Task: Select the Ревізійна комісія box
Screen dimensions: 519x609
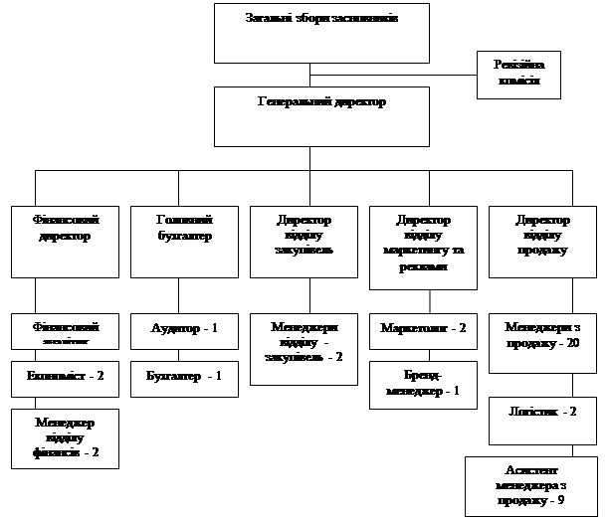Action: [x=517, y=75]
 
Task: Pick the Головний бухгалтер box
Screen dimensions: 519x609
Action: [x=184, y=241]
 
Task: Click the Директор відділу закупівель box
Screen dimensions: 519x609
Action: [x=304, y=241]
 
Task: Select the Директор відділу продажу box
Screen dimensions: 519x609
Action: [x=542, y=241]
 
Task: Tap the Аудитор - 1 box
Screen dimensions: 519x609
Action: [x=184, y=331]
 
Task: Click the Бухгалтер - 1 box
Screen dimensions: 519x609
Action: [x=184, y=378]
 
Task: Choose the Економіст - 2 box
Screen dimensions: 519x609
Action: [x=65, y=378]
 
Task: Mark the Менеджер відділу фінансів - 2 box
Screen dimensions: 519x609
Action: [x=65, y=437]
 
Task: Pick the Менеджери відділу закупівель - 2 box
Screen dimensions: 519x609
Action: [x=304, y=349]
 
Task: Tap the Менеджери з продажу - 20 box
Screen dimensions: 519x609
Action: [x=542, y=343]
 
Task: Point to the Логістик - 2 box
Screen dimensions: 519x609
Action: [x=542, y=420]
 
